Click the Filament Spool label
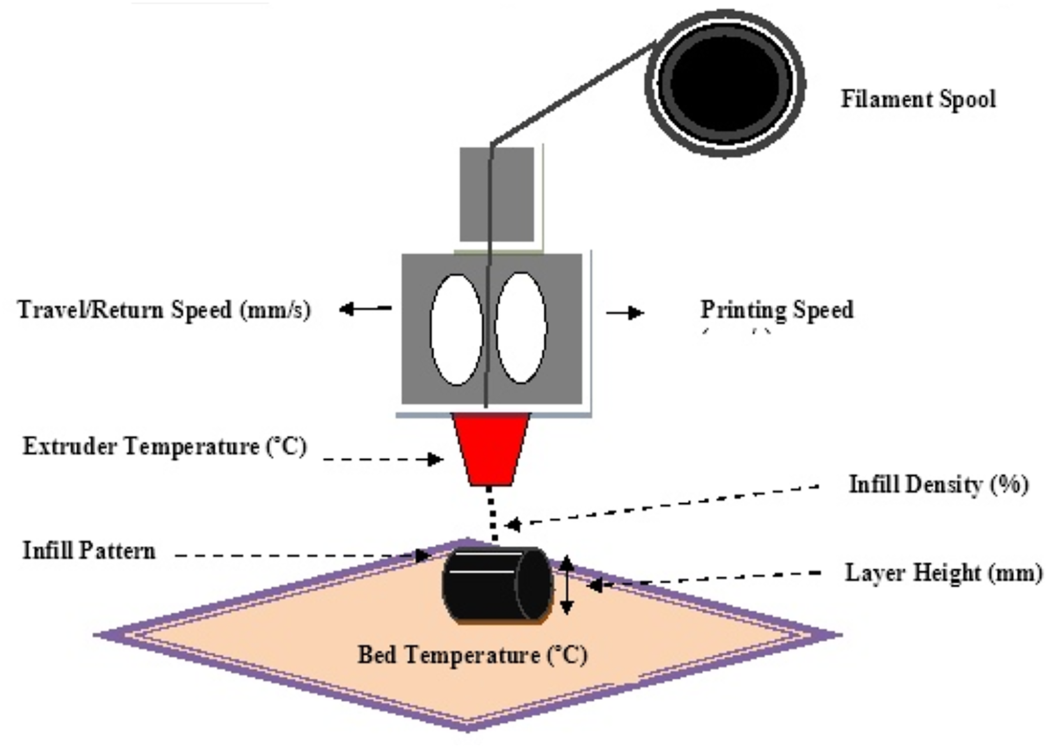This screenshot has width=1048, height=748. click(917, 99)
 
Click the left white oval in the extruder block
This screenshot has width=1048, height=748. click(456, 329)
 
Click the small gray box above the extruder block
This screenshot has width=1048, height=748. click(497, 194)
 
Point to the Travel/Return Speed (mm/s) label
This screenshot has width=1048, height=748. click(164, 309)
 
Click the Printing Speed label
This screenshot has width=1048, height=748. click(777, 309)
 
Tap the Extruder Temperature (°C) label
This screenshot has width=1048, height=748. click(165, 446)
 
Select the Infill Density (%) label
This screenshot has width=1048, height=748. click(938, 484)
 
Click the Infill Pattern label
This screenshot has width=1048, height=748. click(89, 550)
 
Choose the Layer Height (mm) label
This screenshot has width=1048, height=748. click(943, 573)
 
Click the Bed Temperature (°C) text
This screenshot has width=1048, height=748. click(472, 655)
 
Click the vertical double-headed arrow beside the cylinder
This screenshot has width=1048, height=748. click(567, 585)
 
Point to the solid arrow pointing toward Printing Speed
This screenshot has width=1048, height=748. click(625, 313)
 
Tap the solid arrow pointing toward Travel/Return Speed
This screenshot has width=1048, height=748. click(365, 309)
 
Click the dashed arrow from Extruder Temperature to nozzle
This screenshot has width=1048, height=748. click(383, 460)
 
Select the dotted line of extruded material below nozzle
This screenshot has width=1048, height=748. click(493, 515)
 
